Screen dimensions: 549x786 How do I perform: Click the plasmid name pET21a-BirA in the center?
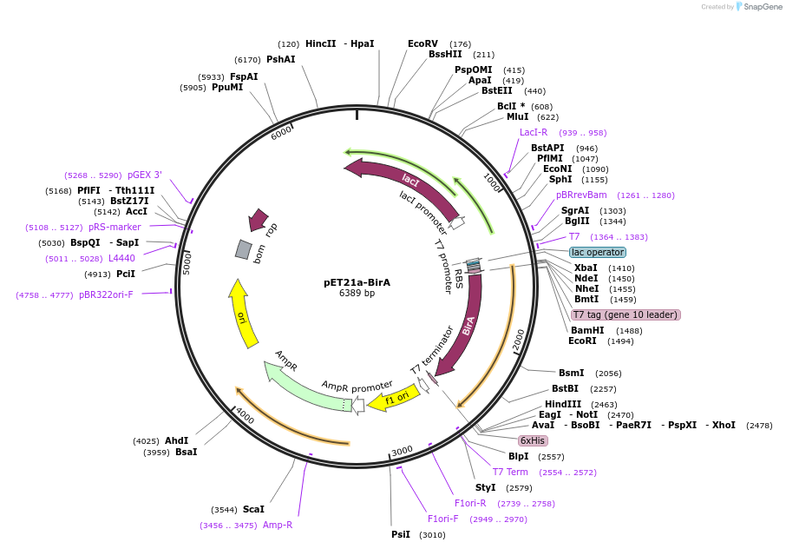[x=357, y=282]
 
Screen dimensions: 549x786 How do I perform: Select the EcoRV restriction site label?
[x=422, y=43]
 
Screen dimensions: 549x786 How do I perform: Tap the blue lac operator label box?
[x=598, y=252]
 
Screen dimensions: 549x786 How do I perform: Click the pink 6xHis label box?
[x=533, y=440]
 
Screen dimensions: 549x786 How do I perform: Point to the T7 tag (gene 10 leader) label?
[x=625, y=314]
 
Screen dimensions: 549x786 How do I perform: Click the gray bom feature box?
[x=244, y=249]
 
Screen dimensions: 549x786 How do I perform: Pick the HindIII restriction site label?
[x=562, y=405]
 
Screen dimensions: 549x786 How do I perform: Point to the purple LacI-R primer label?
[x=534, y=132]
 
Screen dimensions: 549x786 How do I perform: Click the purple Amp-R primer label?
[x=278, y=525]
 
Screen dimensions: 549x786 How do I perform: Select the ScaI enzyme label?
[x=253, y=509]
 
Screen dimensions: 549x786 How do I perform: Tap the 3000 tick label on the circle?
[x=402, y=451]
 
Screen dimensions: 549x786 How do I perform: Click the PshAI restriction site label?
[x=280, y=59]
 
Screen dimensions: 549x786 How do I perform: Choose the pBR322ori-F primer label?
[x=107, y=294]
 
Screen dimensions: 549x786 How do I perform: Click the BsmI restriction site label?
[x=571, y=373]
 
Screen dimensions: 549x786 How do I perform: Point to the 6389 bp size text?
[x=357, y=294]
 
